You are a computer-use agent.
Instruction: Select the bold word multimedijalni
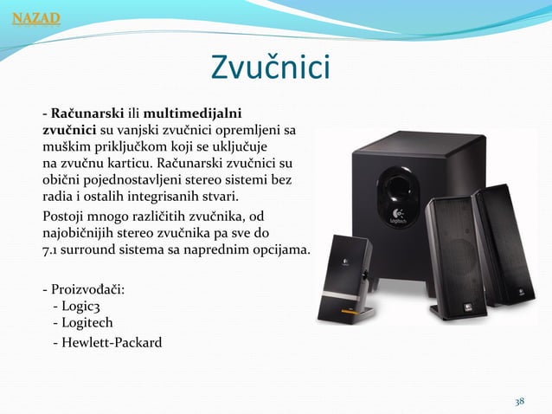(x=193, y=113)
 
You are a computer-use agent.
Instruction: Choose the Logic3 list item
(x=77, y=306)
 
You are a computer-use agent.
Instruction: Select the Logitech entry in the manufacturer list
(x=82, y=322)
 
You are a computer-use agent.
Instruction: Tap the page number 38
(x=520, y=401)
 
